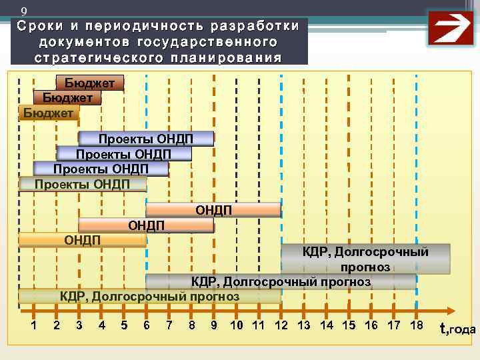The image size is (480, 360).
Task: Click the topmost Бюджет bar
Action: [x=94, y=83]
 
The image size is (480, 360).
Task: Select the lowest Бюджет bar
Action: [x=49, y=113]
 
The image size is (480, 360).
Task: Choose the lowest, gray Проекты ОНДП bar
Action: [x=82, y=184]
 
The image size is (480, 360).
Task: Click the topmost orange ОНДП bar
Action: [x=213, y=211]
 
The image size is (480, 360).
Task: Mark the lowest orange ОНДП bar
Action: [x=82, y=239]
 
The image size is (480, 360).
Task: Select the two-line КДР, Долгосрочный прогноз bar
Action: [x=365, y=259]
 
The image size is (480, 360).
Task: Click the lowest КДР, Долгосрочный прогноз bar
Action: [x=149, y=296]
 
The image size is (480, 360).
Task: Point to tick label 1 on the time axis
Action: [x=34, y=325]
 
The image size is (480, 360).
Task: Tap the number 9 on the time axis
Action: [x=213, y=325]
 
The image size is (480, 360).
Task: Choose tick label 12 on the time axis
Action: [x=281, y=325]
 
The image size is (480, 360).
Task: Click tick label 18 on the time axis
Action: [x=416, y=325]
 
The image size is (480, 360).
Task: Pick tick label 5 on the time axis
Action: [x=124, y=325]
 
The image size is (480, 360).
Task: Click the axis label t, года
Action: [x=457, y=328]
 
